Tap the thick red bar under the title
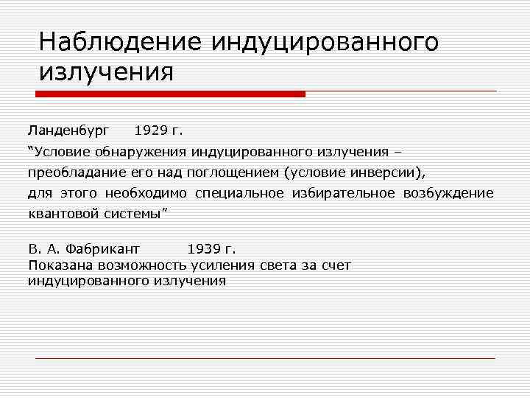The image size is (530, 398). click(x=170, y=94)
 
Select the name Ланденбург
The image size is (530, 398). click(x=68, y=130)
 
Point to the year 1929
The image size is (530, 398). click(x=151, y=130)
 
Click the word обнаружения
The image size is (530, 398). click(x=141, y=152)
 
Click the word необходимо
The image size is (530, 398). click(x=146, y=193)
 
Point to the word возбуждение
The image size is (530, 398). click(x=448, y=193)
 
